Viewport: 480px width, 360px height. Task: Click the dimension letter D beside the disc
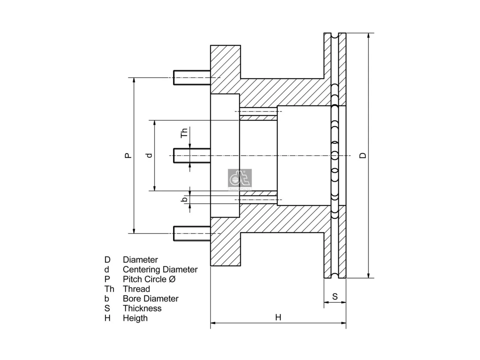[363, 155]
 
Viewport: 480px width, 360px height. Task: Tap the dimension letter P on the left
[128, 155]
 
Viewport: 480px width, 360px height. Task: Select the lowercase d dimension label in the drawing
[149, 155]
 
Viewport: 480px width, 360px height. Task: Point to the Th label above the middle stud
[184, 133]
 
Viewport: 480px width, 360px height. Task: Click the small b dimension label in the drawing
[185, 199]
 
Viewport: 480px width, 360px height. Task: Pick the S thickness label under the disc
[335, 297]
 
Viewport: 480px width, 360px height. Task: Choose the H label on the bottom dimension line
[278, 317]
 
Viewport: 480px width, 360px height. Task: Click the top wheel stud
[192, 78]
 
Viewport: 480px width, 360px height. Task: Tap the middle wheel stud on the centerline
[192, 156]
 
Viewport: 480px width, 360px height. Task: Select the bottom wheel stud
[192, 234]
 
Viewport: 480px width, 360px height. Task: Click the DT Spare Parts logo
[240, 180]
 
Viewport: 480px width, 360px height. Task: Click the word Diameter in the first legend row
[140, 260]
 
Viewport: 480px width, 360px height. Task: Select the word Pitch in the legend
[132, 279]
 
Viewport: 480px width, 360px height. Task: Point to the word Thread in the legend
[136, 289]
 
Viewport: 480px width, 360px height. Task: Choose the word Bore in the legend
[132, 299]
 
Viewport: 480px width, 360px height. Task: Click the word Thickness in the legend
[142, 308]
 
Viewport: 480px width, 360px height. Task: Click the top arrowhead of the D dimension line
[369, 36]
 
